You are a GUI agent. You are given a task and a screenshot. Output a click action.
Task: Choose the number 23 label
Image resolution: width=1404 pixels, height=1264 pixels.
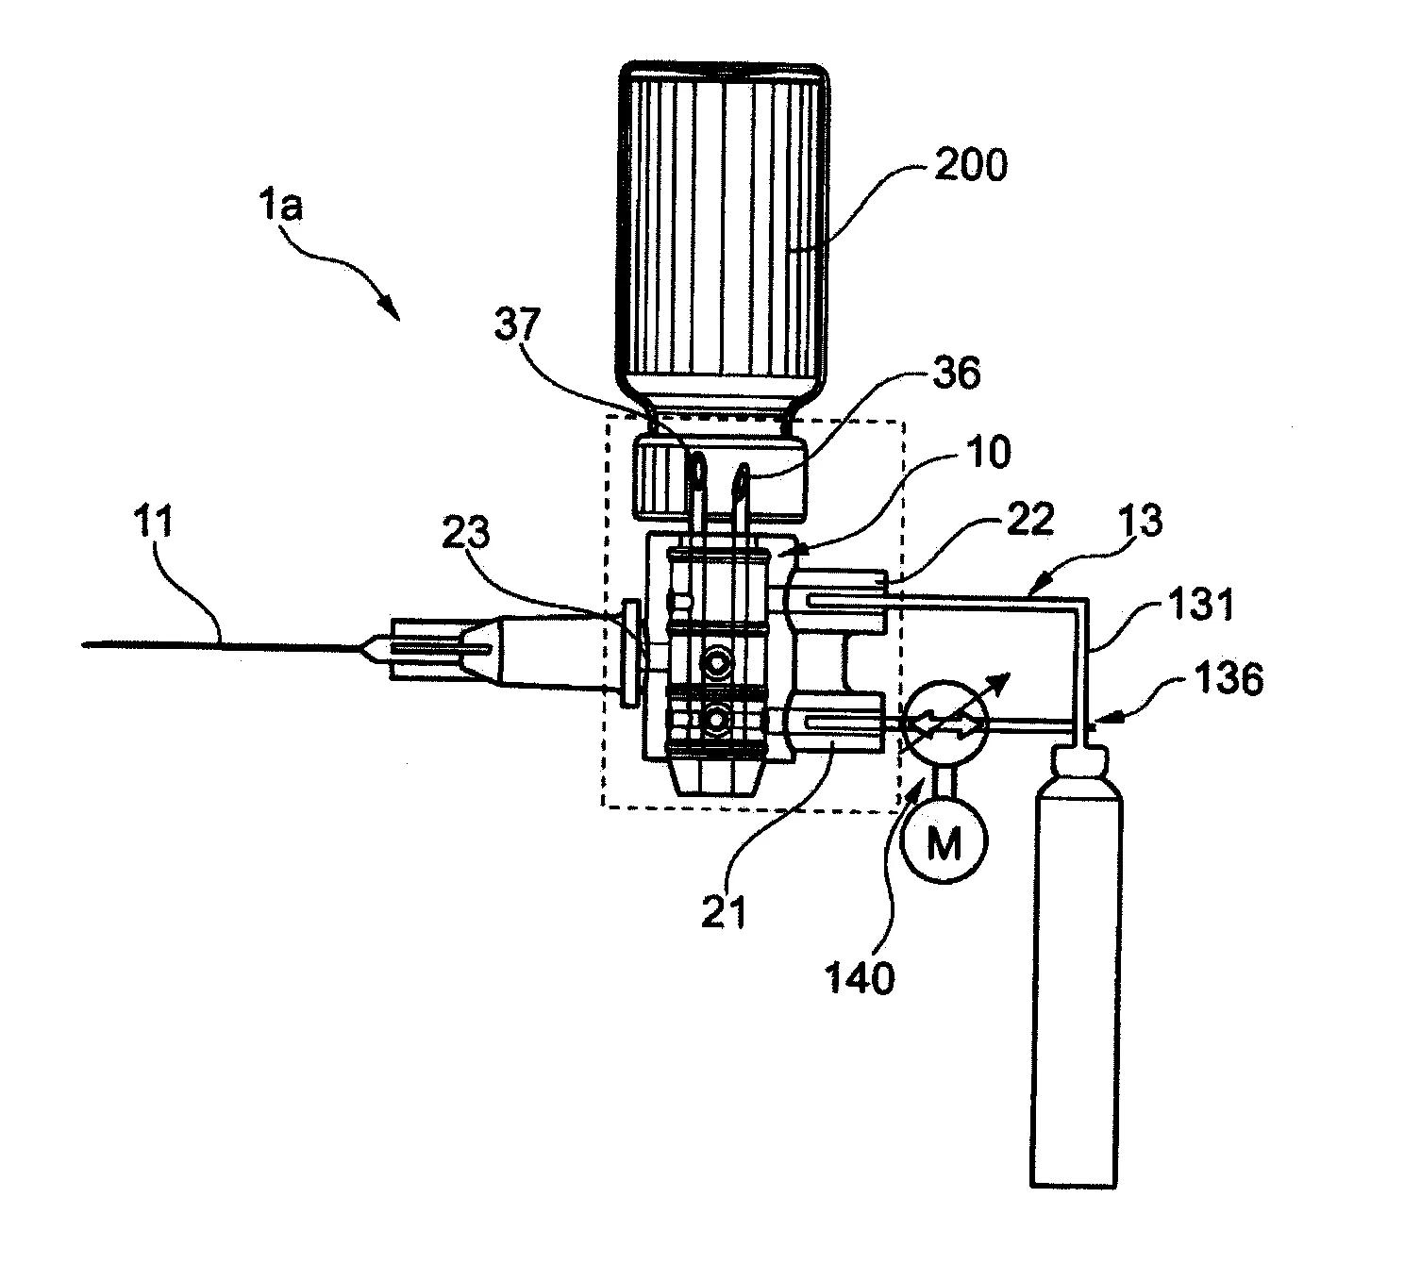465,534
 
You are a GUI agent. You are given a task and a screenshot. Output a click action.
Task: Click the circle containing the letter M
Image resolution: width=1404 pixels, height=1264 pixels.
944,843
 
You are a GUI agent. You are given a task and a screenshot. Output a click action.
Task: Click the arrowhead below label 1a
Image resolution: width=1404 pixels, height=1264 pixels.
387,308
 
